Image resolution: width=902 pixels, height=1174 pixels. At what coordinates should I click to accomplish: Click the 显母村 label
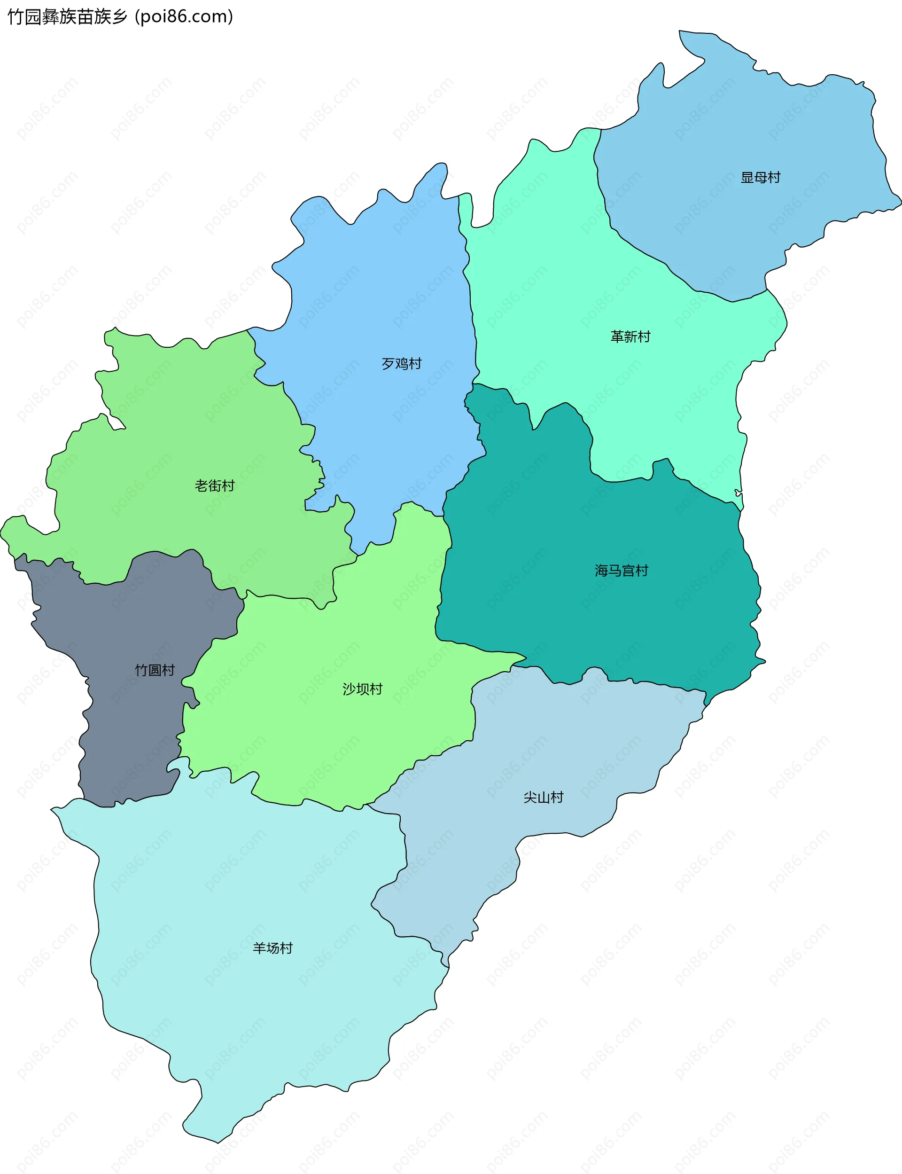click(760, 177)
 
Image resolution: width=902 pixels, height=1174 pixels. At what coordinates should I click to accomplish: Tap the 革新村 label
click(630, 337)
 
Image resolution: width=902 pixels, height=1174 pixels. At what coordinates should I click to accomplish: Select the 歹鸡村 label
click(402, 364)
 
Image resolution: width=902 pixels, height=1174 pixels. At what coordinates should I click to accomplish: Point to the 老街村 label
click(215, 485)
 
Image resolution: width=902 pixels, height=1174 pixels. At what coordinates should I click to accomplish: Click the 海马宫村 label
click(621, 571)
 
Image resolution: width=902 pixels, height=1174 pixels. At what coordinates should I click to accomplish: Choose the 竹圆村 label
click(155, 670)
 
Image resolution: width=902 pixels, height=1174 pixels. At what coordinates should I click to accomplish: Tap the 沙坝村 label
click(362, 689)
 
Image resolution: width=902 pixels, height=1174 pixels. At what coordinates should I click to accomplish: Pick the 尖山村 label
click(544, 797)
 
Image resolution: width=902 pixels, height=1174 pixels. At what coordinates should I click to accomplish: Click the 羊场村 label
click(273, 948)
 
